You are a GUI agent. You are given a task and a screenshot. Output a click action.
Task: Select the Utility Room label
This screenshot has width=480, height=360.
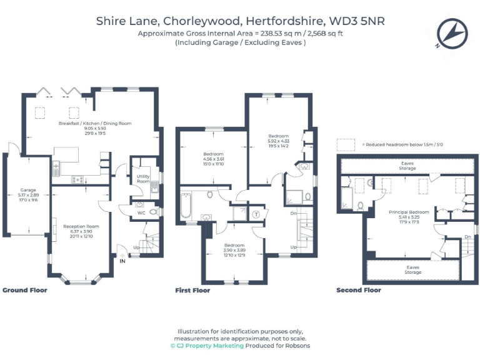[x=144, y=179]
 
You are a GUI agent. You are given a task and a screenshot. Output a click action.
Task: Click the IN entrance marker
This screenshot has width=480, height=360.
[x=123, y=262]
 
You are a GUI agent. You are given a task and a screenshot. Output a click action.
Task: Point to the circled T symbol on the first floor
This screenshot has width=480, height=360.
[x=256, y=214]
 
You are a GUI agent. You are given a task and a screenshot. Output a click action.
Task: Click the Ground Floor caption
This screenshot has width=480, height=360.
[x=25, y=291]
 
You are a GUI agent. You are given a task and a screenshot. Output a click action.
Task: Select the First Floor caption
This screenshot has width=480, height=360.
[x=192, y=291]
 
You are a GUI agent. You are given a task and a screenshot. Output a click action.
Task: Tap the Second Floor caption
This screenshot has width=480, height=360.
[x=358, y=291]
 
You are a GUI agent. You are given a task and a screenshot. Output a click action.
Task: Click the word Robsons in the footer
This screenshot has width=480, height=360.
[x=297, y=346]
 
